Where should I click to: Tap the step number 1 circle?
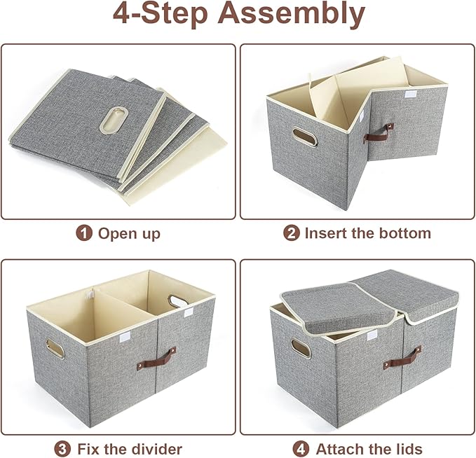pos(85,233)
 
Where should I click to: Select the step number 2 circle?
pos(291,233)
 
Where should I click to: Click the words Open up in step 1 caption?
pos(129,233)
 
